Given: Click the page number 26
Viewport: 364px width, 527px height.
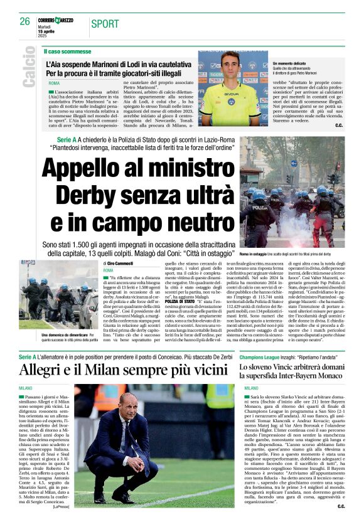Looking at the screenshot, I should coord(24,21).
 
